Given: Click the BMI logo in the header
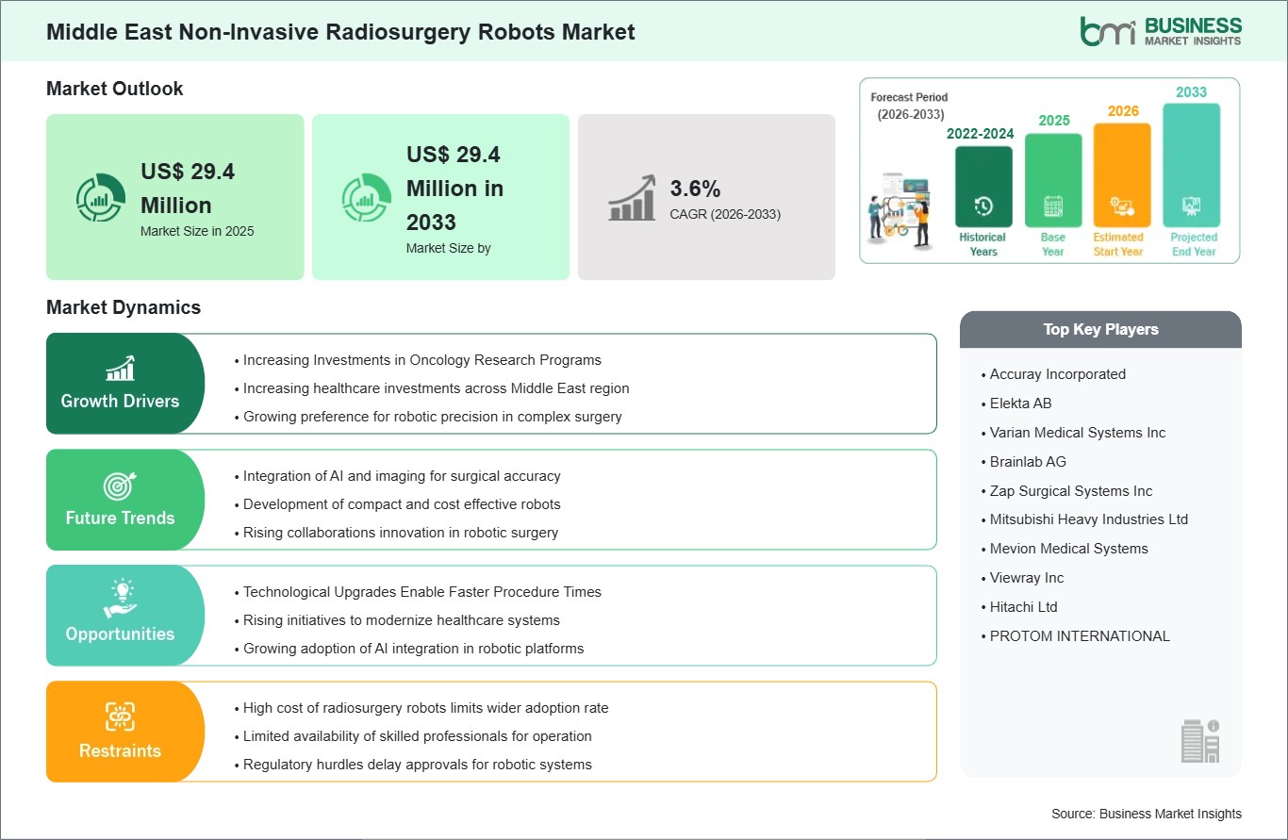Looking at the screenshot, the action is coord(1161,31).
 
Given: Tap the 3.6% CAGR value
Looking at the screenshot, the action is coord(695,189).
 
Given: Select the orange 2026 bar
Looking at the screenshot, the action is coord(1122,174).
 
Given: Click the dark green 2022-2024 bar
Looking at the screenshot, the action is coord(983,187).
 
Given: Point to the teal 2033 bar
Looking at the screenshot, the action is coord(1191,165).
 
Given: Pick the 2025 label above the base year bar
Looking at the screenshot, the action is coord(1053,120).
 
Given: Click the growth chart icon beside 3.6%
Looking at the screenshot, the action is coord(632,197).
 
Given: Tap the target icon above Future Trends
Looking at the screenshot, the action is coord(120,486).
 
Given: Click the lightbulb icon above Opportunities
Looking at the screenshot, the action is coord(120,598).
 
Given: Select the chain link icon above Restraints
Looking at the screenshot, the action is coord(120,716).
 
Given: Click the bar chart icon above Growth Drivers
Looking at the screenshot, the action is coord(120,368).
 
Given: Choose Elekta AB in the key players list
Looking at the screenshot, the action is coord(1020,404).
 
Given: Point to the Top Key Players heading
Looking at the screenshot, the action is coord(1100,329).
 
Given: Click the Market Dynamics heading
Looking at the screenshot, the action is coord(124,307).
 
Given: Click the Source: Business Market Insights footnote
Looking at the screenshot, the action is coord(1146,814).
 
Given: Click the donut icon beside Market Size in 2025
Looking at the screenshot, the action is coord(101,197).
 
